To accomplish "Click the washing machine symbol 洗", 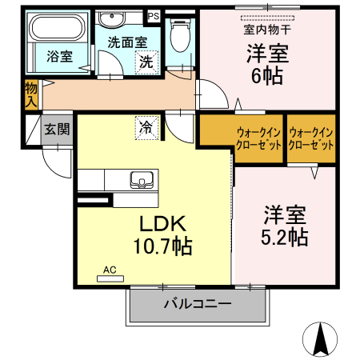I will point(146,61).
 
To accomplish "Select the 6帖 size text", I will point(266,76).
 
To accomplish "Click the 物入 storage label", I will point(30,94).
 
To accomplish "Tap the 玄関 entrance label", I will point(57,129).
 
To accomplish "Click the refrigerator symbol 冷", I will point(146,126).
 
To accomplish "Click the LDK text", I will point(163,223).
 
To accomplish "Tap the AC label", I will point(110,270).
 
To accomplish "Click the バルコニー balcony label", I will point(198,304).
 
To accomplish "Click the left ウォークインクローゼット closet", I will point(240,139).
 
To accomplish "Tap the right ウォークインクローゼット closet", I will point(311,139).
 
